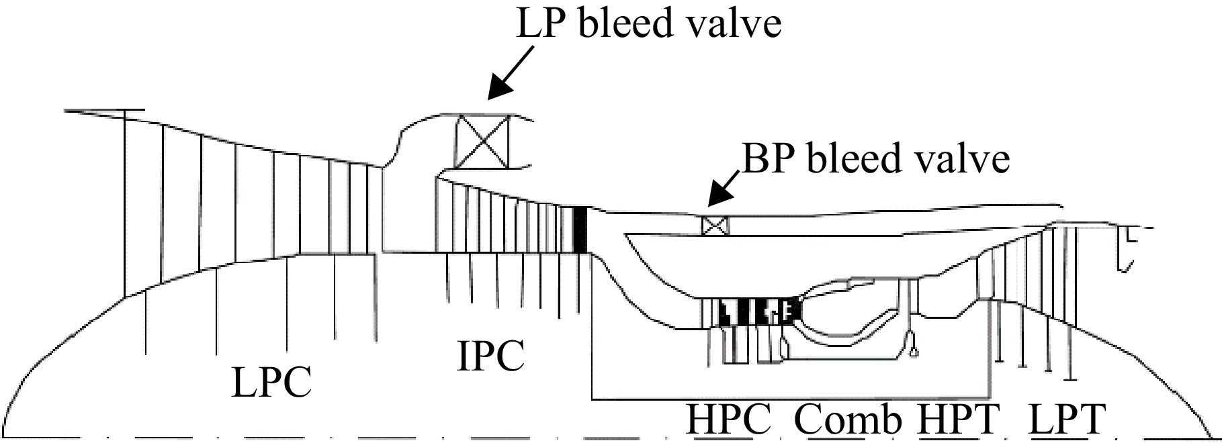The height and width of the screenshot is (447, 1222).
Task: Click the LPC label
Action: [271, 383]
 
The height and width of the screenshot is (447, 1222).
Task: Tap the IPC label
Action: [490, 356]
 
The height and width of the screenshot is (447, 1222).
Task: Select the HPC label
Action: [728, 419]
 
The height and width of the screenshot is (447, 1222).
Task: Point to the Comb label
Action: [848, 419]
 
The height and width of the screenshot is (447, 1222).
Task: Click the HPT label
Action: [959, 419]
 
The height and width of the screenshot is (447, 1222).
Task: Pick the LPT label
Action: [1067, 419]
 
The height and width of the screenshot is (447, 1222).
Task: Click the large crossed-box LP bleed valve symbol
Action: [482, 142]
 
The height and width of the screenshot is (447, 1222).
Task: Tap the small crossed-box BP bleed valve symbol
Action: [715, 226]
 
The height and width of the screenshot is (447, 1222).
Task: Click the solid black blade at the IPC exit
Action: [581, 230]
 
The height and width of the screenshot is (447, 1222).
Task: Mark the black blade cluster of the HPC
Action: [758, 312]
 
